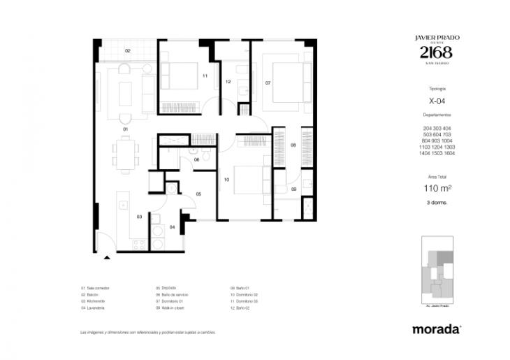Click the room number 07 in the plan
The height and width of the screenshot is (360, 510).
268,82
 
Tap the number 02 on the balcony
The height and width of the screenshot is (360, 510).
128,51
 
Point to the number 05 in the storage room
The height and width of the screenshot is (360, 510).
198,194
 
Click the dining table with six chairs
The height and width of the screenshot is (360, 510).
126,153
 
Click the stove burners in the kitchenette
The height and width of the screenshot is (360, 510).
138,244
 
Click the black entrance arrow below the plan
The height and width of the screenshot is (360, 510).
107,257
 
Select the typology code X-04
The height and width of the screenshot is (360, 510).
437,101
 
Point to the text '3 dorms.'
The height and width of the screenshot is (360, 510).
437,202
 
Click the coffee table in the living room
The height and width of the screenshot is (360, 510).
126,91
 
